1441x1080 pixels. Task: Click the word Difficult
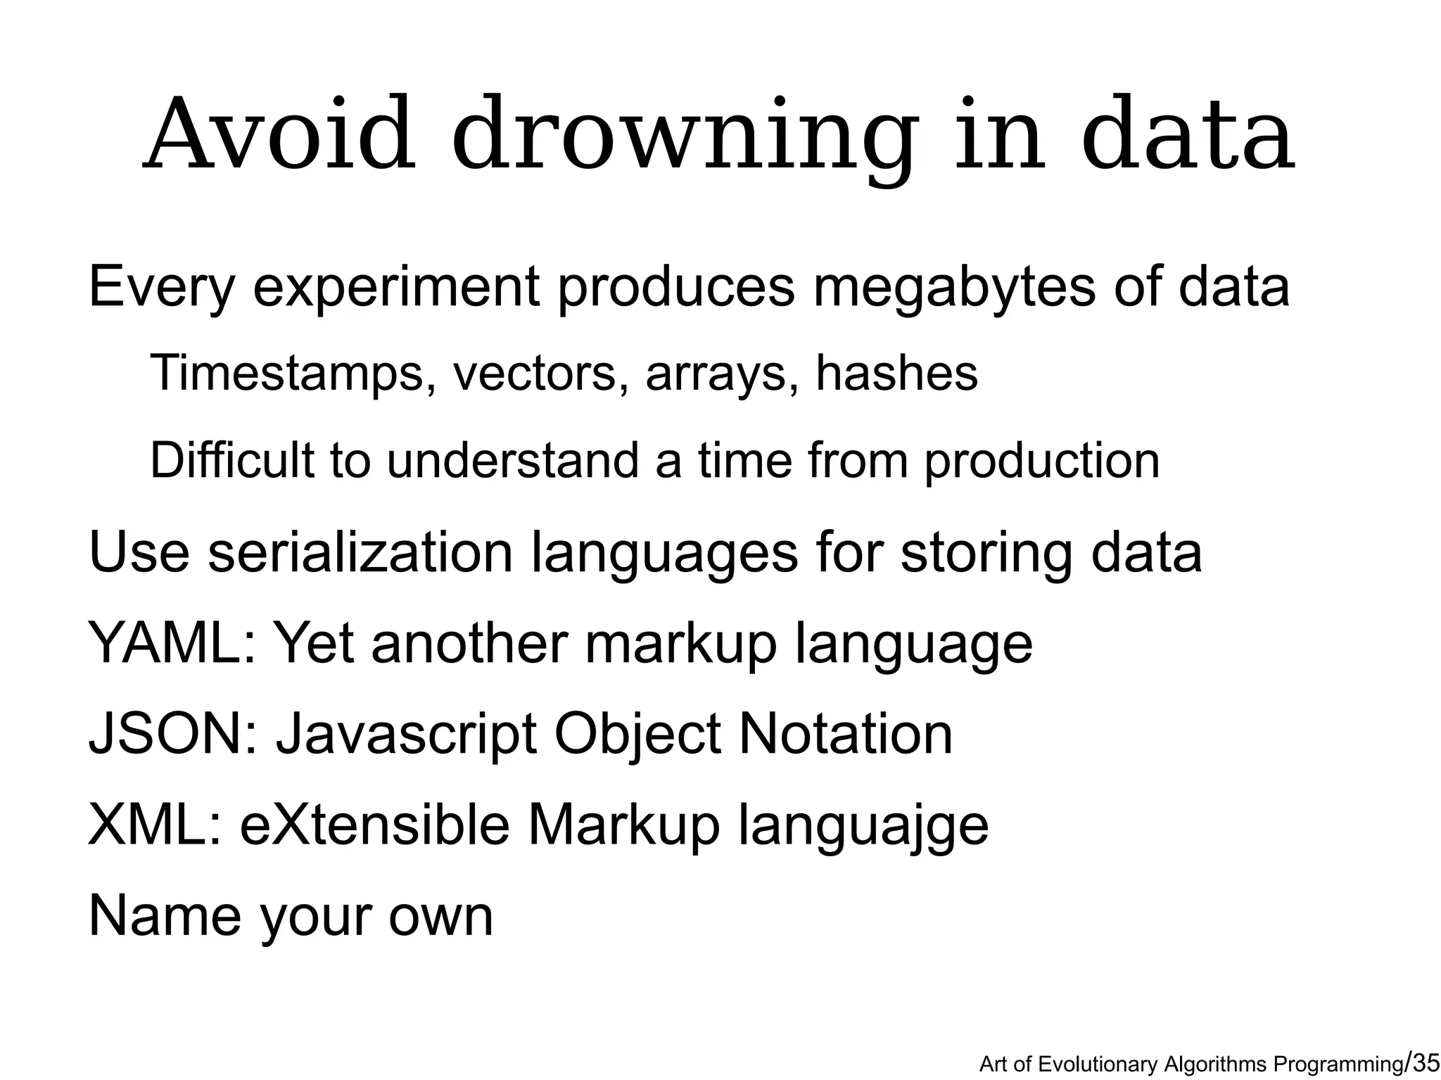(x=231, y=460)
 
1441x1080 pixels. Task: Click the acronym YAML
(x=172, y=643)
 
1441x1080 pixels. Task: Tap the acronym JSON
(x=172, y=734)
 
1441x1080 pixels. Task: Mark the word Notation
(x=845, y=734)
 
